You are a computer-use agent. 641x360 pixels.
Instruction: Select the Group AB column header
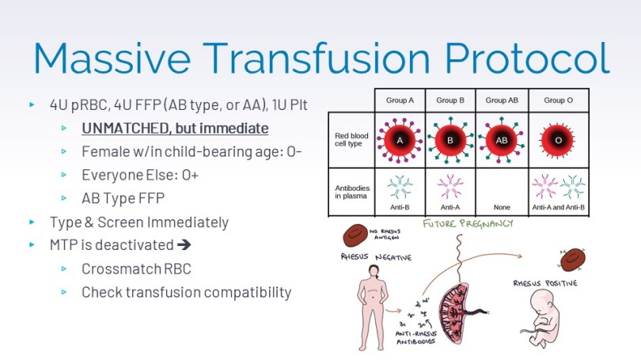[x=501, y=100]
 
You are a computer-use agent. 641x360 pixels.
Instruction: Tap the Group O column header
[x=559, y=100]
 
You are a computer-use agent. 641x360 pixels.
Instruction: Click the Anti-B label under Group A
[x=400, y=208]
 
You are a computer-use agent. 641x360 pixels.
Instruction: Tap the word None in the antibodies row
[x=502, y=208]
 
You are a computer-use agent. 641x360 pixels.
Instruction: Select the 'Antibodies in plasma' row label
[x=349, y=191]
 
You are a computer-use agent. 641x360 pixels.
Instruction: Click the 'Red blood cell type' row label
[x=350, y=140]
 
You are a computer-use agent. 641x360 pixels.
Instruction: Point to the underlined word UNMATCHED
[x=122, y=128]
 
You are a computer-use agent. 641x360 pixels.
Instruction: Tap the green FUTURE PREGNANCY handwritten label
[x=467, y=224]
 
